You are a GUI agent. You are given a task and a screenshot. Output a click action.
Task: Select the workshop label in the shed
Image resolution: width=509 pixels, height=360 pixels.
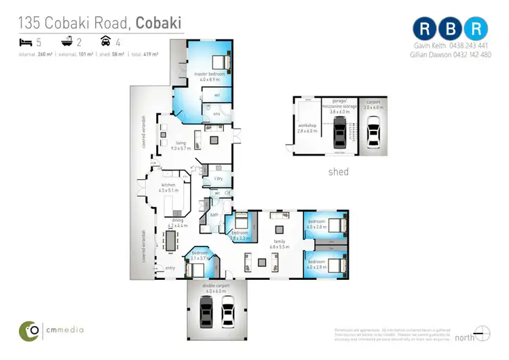coord(307,128)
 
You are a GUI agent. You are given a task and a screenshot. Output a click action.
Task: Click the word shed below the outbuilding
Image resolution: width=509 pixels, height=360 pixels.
coord(338,172)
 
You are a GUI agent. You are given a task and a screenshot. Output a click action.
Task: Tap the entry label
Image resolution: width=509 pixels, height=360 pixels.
coord(170,268)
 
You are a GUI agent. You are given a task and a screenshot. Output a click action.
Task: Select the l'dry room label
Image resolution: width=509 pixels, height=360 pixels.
coord(219,179)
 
